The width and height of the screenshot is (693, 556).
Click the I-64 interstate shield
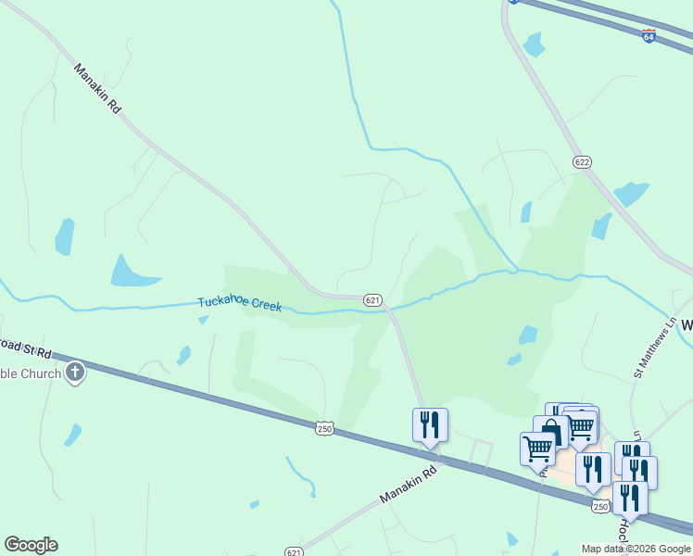click(649, 35)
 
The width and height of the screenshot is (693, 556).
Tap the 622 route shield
click(582, 162)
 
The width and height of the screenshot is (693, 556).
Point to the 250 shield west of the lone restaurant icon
click(324, 428)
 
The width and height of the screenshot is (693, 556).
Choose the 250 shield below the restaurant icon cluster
click(600, 506)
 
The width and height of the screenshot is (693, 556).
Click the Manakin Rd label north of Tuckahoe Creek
click(98, 88)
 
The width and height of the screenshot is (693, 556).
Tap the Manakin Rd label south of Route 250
click(408, 486)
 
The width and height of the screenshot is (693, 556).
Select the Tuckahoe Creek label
click(239, 304)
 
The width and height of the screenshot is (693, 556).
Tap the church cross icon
click(75, 373)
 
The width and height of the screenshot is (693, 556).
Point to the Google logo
click(31, 545)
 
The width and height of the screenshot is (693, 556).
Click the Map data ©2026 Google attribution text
click(636, 549)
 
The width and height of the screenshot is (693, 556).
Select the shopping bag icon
click(552, 432)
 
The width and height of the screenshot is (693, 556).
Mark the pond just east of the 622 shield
click(632, 193)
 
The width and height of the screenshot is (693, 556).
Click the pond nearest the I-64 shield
click(535, 44)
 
